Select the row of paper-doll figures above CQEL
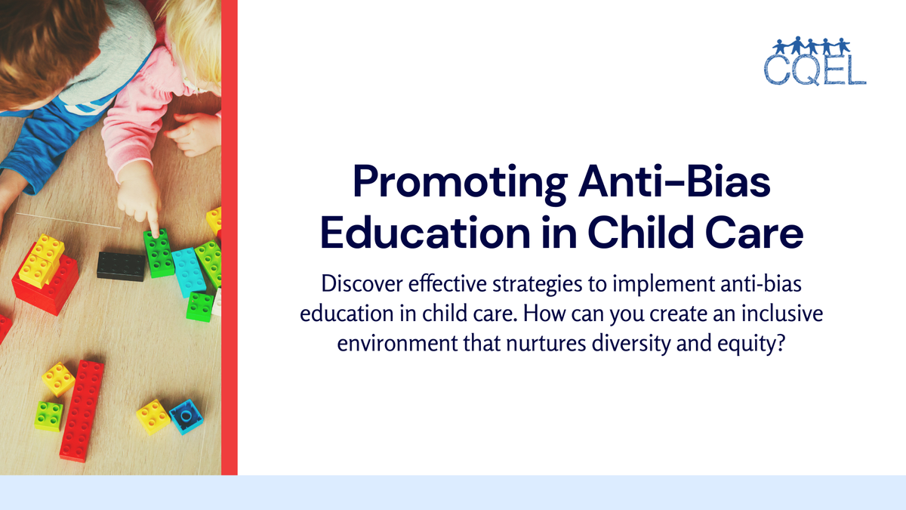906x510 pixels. point(815,44)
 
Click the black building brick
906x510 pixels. point(121,265)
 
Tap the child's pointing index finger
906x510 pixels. point(152,223)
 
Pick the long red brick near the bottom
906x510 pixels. point(82,410)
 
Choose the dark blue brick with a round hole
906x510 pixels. point(185,416)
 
